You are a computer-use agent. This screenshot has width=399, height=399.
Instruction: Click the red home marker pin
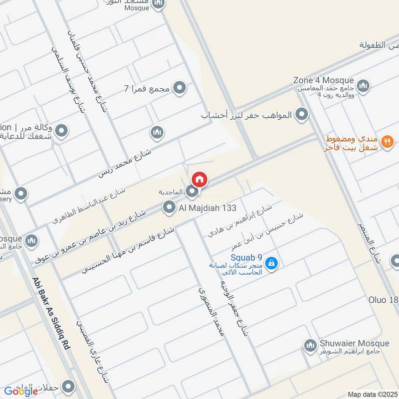click(x=199, y=179)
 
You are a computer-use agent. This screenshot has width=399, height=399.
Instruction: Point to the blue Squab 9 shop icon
click(x=271, y=262)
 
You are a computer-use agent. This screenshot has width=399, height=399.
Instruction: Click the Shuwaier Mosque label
click(x=354, y=344)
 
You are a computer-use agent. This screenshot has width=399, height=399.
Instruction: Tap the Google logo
click(x=21, y=391)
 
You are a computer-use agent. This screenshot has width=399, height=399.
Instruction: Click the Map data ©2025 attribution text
click(x=372, y=395)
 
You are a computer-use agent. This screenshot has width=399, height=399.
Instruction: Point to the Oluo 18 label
click(x=384, y=300)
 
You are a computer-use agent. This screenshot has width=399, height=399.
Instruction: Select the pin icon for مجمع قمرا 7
click(x=180, y=89)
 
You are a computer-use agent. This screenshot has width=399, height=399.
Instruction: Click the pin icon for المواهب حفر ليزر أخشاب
click(x=301, y=115)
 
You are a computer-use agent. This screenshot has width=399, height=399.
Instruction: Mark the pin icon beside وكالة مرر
click(x=61, y=132)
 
